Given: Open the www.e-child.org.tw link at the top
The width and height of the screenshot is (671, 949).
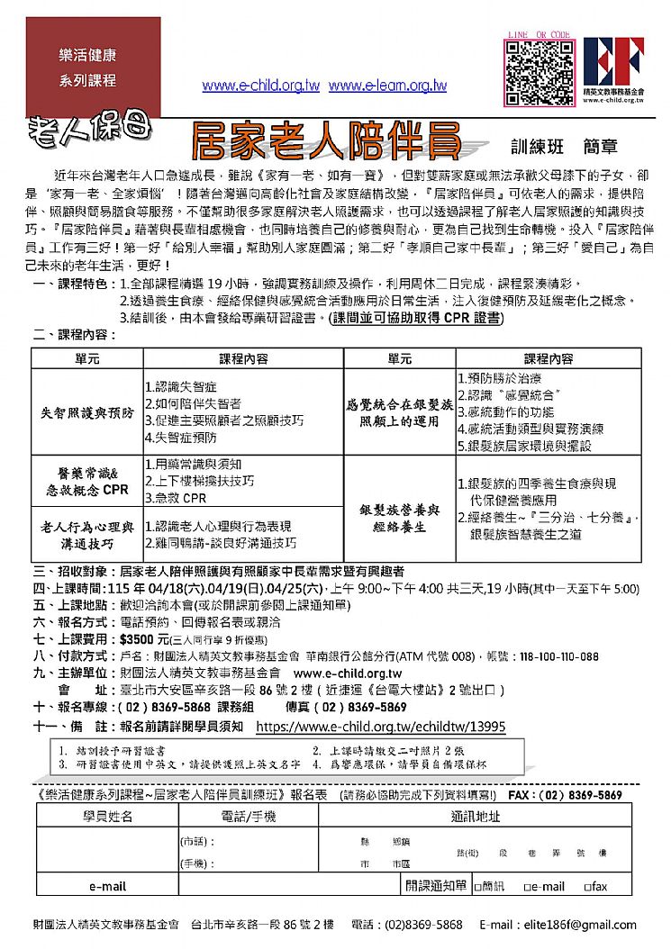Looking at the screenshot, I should [261, 86].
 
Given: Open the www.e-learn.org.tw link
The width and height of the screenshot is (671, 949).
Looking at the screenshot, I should [387, 86].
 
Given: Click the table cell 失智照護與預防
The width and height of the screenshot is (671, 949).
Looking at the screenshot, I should [86, 413].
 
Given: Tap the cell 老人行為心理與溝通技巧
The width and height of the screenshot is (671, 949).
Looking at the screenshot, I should [86, 534].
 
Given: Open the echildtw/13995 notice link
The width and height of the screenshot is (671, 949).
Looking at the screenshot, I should [381, 727].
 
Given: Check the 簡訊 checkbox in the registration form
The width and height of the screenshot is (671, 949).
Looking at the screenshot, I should [478, 887].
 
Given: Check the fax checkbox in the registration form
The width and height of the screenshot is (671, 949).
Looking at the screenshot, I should [586, 887].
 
